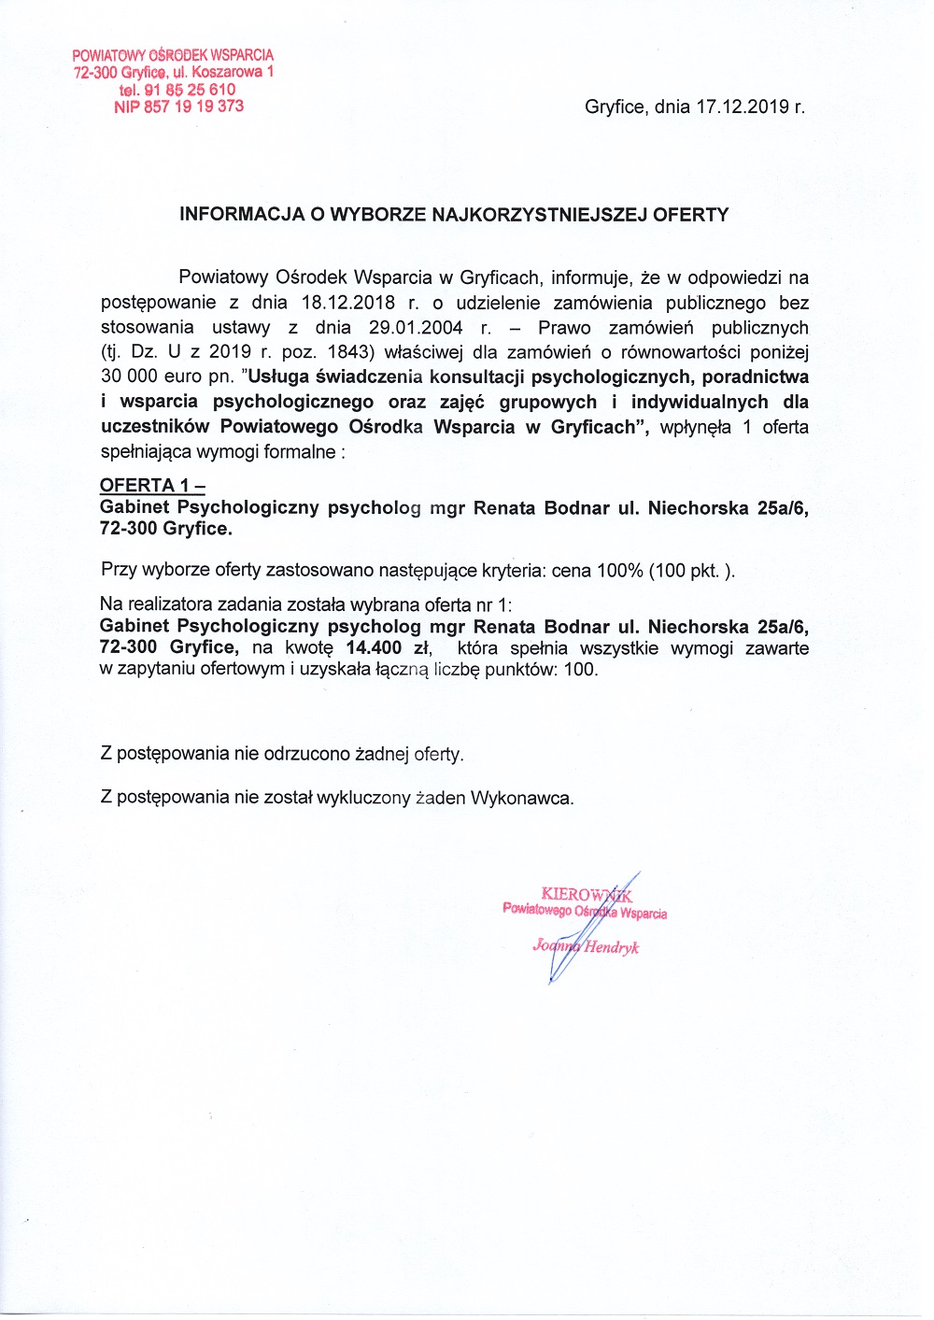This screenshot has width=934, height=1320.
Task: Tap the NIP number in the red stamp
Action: [178, 106]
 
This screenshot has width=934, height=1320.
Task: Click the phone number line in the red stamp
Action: [177, 90]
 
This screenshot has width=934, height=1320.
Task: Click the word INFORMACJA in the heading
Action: [242, 215]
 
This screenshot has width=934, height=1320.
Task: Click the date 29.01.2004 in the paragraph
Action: [416, 328]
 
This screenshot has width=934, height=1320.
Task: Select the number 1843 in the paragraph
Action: [345, 353]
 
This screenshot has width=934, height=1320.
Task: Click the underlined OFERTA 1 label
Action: [151, 486]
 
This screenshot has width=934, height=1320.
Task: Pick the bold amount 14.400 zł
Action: [388, 648]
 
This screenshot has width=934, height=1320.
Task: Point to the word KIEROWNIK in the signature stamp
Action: [587, 895]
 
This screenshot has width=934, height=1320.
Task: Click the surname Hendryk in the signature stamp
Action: [612, 947]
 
